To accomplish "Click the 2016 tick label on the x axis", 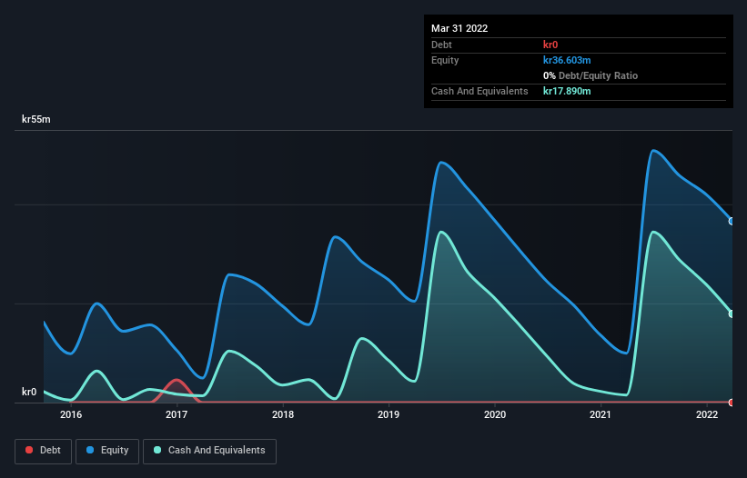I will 71,415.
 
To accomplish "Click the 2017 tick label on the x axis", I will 177,415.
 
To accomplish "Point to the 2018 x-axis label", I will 283,415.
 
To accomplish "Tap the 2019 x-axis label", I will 389,415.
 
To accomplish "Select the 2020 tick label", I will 495,415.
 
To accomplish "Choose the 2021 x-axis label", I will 601,415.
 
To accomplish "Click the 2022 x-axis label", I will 707,415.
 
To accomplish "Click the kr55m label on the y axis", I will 37,120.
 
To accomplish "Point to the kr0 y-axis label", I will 29,393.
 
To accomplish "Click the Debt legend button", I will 43,450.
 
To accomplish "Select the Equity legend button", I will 107,450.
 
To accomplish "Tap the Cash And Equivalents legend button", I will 209,450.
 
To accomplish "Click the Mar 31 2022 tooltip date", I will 459,28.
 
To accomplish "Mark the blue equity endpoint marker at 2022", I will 731,221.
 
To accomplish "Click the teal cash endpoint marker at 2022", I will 731,314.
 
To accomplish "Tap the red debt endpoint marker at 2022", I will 731,402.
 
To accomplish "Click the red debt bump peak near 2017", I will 176,380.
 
